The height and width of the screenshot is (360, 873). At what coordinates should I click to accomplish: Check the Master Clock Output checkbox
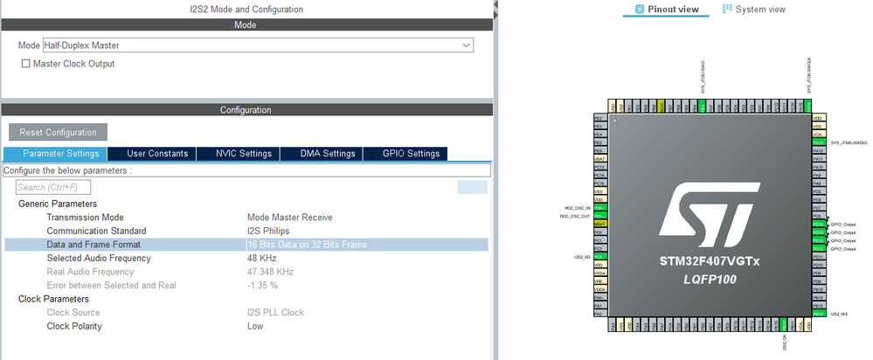[x=26, y=64]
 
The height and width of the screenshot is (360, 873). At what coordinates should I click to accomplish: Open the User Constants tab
[x=157, y=154]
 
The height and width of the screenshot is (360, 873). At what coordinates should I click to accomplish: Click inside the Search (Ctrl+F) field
[x=53, y=187]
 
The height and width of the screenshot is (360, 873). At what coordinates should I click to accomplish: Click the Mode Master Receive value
[x=289, y=218]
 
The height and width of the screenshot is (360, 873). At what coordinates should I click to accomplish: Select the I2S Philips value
[x=269, y=232]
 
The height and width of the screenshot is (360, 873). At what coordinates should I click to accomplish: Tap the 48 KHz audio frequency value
[x=262, y=259]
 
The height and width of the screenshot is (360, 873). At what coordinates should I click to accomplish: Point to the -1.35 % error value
[x=263, y=285]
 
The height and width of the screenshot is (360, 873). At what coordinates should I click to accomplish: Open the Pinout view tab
[x=668, y=9]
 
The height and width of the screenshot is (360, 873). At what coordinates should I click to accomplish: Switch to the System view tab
[x=755, y=9]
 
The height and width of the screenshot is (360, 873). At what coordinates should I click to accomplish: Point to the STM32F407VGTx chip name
[x=709, y=261]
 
